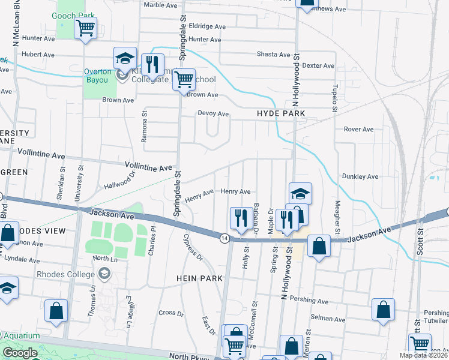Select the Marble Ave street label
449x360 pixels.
161,5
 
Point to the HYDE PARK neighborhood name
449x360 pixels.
281,113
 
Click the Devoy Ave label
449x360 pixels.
214,113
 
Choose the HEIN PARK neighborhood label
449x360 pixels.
200,278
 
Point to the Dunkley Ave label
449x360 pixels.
360,177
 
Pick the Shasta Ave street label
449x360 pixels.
274,54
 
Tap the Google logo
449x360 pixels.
20,353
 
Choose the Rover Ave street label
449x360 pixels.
358,129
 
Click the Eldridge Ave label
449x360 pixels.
207,26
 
